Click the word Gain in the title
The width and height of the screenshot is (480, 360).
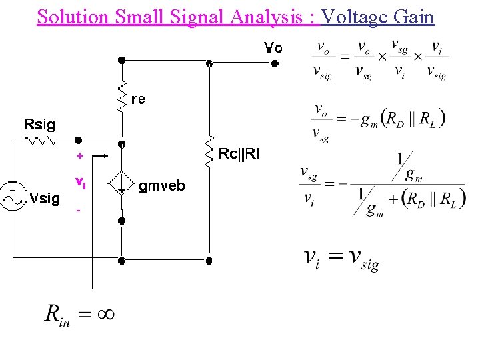415,16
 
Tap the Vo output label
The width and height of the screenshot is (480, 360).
273,48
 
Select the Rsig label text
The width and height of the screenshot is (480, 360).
39,124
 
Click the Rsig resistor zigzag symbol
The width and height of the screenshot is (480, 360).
41,141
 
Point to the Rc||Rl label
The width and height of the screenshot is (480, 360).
239,155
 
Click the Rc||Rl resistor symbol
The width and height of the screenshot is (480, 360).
209,151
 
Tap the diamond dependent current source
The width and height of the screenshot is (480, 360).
121,183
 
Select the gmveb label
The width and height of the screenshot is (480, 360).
162,186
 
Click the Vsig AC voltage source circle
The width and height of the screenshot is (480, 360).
14,197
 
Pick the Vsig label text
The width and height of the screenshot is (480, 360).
46,198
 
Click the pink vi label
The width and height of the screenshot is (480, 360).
79,183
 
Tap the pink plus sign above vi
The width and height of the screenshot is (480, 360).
79,157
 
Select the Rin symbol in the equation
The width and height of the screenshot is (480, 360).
57,314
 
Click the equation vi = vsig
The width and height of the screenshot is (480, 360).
341,257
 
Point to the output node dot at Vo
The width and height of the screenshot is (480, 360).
273,64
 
